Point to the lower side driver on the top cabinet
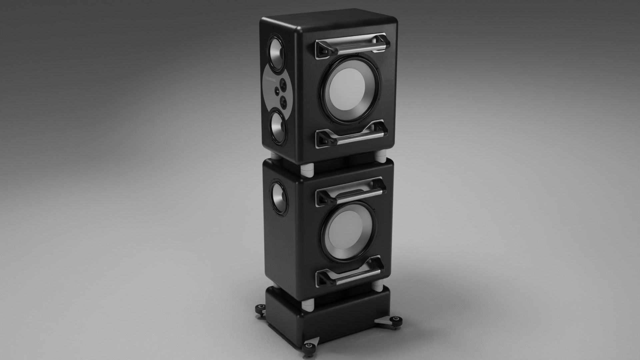[x=278, y=128]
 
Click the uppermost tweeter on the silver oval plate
[x=284, y=83]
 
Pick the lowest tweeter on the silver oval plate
[x=284, y=102]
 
